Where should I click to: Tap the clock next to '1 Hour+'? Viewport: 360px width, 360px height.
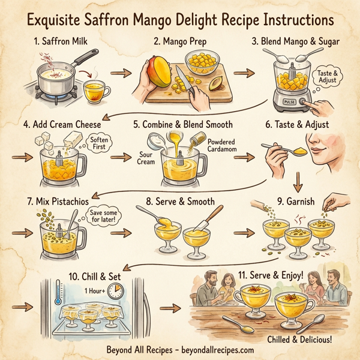(118, 292)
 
